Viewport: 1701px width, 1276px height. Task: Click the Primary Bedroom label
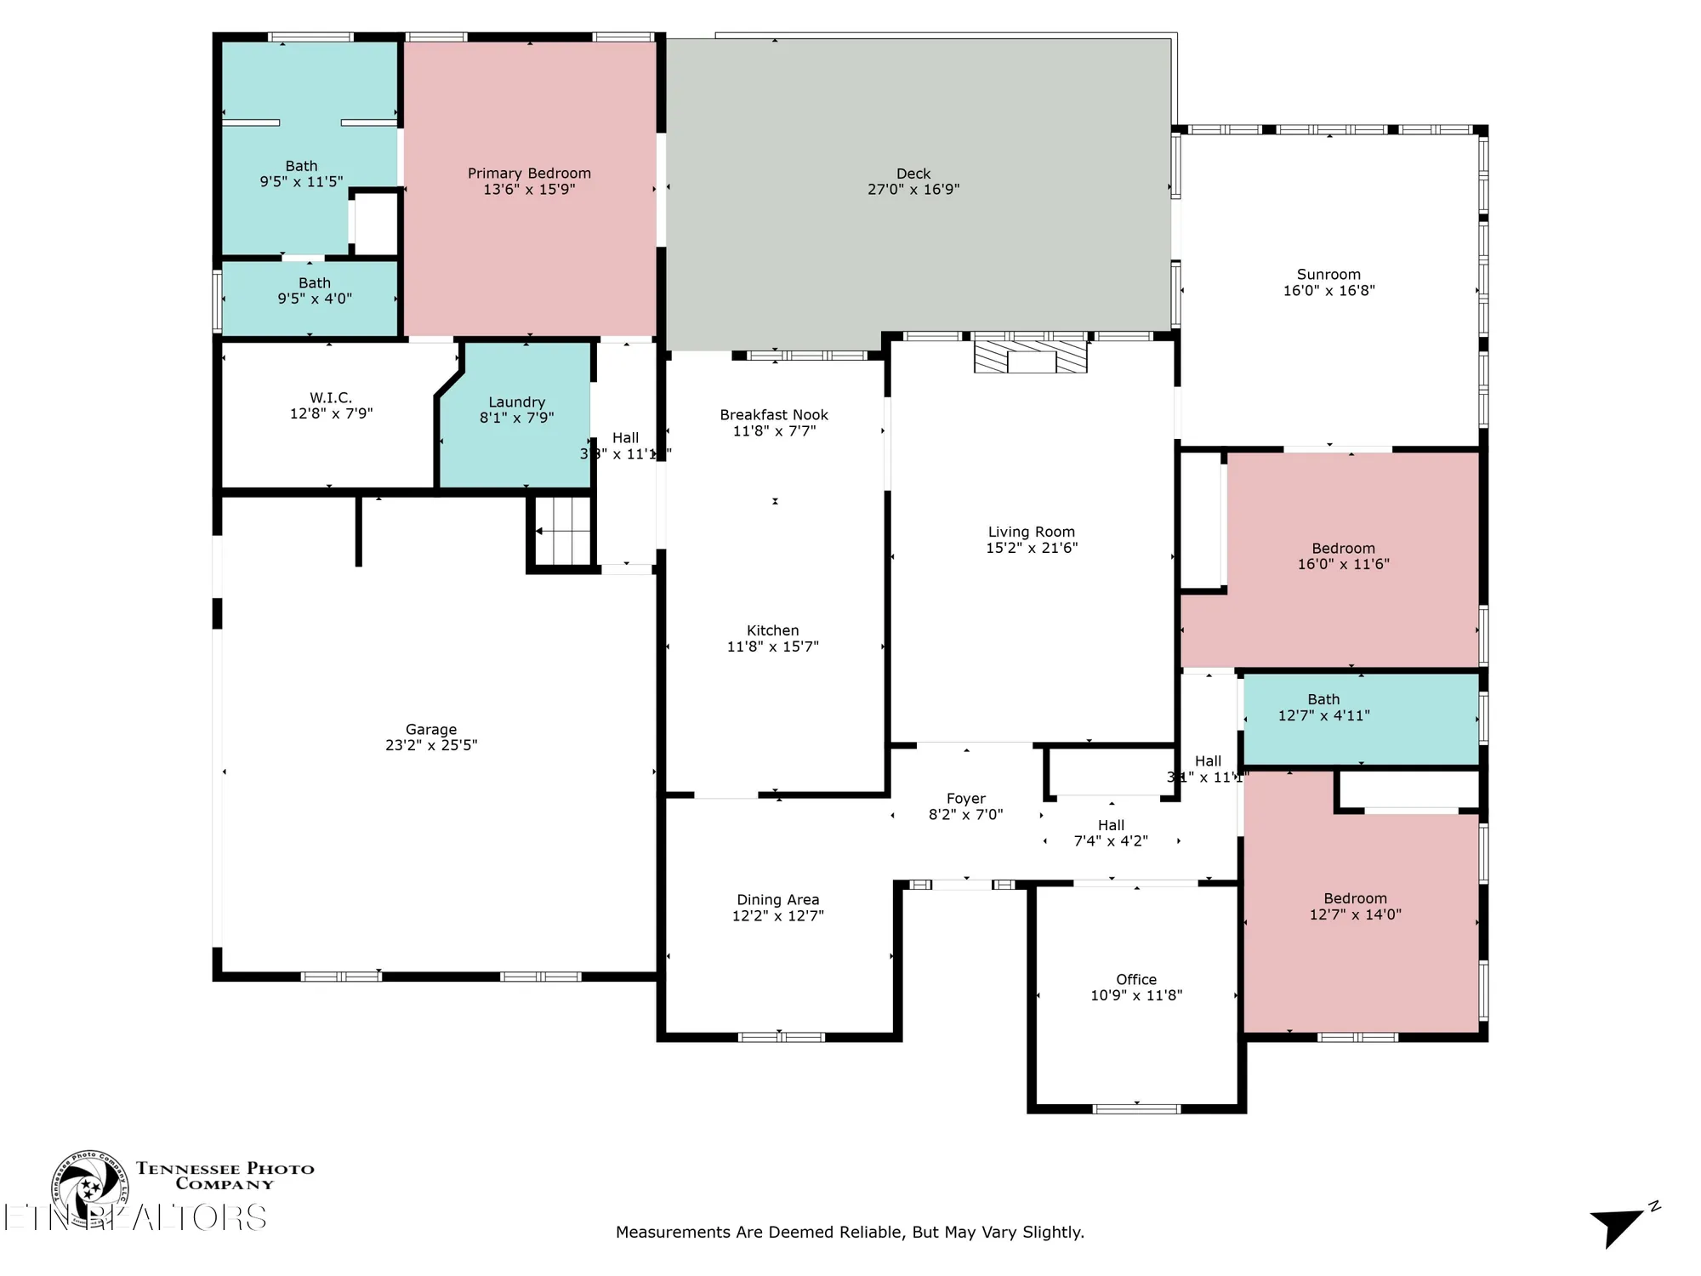pos(528,174)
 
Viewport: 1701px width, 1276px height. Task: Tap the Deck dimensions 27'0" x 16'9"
pos(913,190)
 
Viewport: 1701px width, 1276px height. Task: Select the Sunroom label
pos(1328,275)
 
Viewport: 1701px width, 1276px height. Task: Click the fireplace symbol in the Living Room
pos(1030,356)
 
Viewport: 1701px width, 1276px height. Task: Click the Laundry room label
pos(516,402)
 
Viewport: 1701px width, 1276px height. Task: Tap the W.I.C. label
pos(331,398)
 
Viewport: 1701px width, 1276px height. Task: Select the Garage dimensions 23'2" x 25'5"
pos(430,745)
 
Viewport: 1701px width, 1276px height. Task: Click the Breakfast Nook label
pos(773,415)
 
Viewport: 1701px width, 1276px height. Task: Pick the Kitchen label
pos(772,630)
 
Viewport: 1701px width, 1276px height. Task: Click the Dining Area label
pos(777,900)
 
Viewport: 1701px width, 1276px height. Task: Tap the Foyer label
pos(965,799)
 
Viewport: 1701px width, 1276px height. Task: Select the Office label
pos(1135,980)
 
